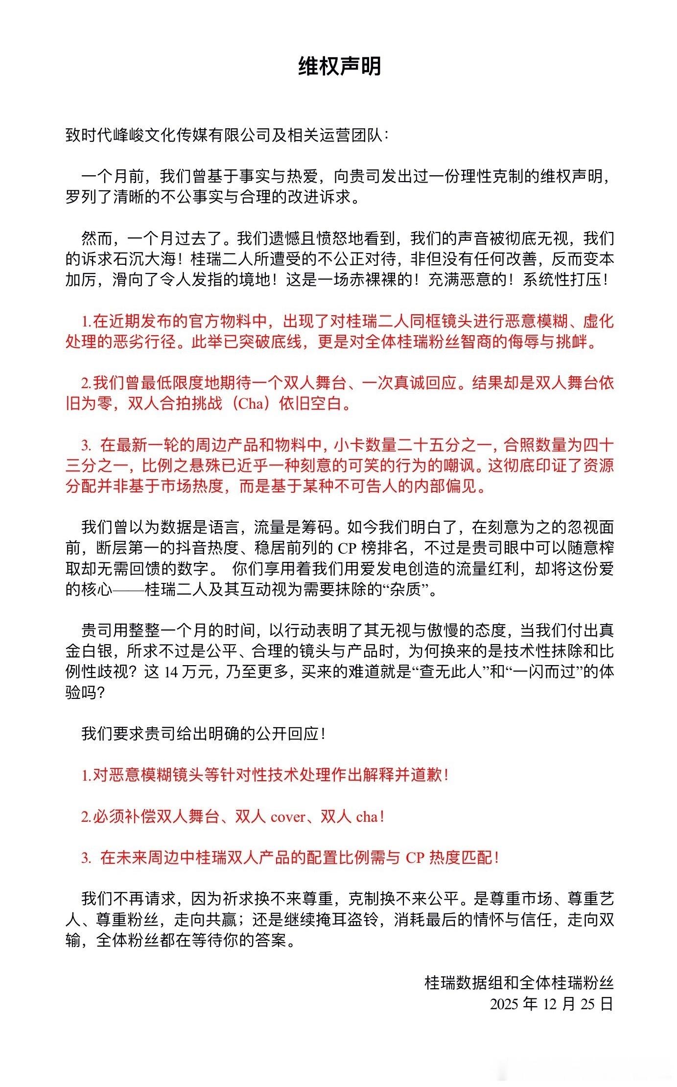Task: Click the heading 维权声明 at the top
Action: [x=339, y=67]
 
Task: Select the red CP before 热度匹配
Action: [x=415, y=858]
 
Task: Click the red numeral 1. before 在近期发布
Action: [x=87, y=322]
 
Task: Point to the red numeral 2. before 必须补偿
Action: [x=87, y=817]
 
